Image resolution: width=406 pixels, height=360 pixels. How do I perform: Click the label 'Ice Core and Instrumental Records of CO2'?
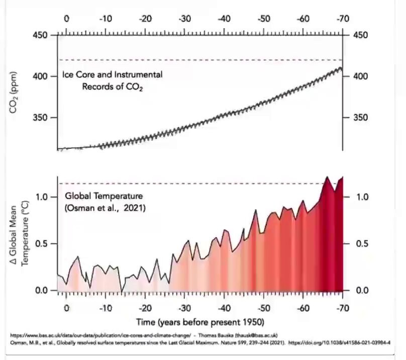click(113, 80)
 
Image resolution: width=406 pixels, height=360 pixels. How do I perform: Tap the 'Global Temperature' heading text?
click(104, 196)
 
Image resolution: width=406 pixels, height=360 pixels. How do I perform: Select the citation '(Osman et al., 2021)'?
click(105, 208)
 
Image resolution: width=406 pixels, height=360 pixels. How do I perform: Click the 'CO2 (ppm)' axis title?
click(13, 93)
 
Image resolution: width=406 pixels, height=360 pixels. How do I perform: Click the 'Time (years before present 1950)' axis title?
click(200, 322)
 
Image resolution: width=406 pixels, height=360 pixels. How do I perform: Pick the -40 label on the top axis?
click(224, 19)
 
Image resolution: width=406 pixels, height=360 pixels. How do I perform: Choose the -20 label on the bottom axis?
click(145, 308)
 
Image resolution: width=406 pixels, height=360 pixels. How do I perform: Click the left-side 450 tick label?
click(40, 35)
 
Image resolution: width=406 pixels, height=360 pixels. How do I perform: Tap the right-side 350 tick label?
click(360, 118)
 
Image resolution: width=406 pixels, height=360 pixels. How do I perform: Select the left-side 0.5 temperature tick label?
click(41, 244)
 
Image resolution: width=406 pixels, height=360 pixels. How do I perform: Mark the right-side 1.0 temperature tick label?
click(362, 197)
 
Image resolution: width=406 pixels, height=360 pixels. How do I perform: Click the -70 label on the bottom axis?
click(343, 308)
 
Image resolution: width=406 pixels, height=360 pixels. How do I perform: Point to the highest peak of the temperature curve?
click(327, 177)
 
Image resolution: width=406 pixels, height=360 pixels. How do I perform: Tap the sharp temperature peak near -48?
click(256, 210)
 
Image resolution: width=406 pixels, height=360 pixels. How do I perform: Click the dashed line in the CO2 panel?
click(200, 60)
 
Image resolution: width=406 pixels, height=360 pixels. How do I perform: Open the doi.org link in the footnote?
click(339, 342)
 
